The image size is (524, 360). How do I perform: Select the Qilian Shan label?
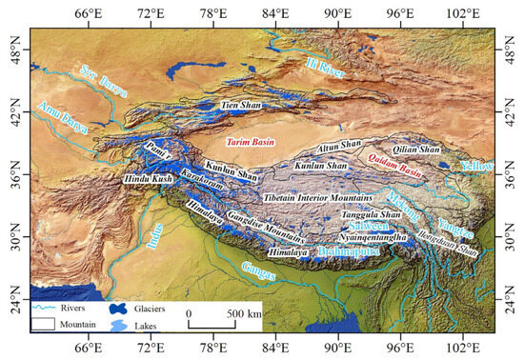[x=416, y=150]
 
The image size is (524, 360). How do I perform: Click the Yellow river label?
[x=477, y=166]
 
